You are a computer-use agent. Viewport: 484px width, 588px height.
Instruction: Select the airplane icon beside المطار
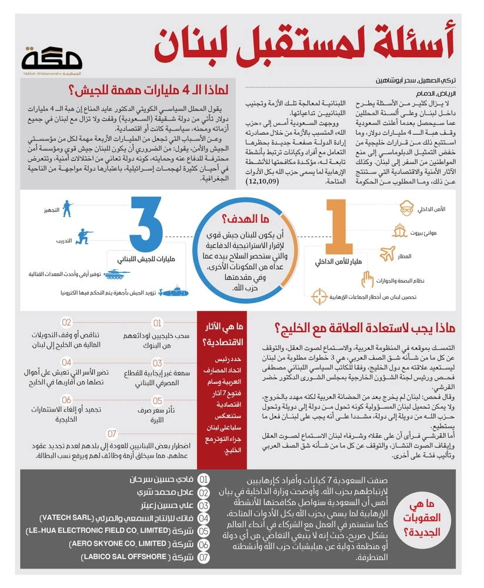[x=388, y=254]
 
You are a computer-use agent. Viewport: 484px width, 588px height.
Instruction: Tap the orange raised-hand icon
[x=367, y=277]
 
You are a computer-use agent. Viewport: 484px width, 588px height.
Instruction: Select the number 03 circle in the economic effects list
[x=158, y=363]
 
